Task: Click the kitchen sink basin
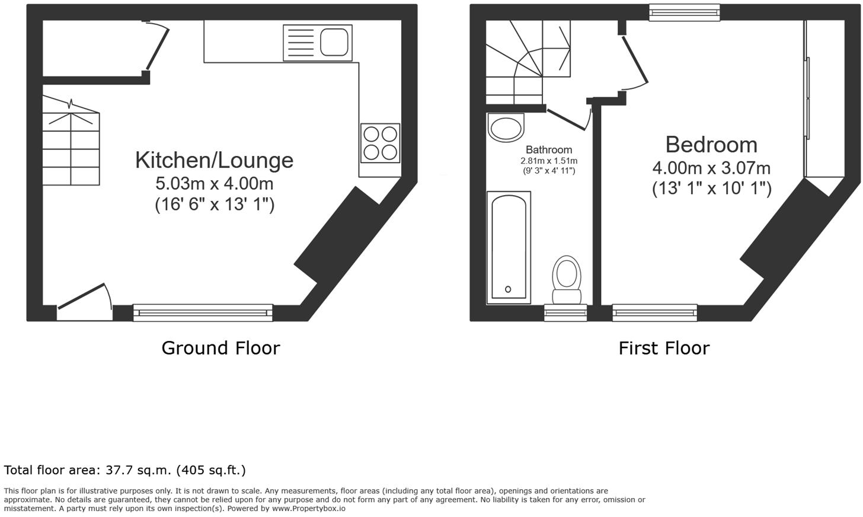pos(334,42)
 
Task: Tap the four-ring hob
pos(380,143)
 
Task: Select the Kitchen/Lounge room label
pos(214,160)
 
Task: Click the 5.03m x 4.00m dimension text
pos(214,184)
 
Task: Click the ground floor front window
pos(203,312)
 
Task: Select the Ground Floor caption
pos(220,348)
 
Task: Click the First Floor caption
pos(664,348)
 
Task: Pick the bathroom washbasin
pos(506,127)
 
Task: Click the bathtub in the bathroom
pos(509,247)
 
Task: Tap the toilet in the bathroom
pos(567,280)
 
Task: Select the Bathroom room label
pos(549,149)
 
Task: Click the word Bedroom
pos(712,145)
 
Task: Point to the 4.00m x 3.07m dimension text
pos(712,168)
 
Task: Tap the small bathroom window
pos(565,312)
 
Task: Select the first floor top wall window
pos(685,12)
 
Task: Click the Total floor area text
pos(125,470)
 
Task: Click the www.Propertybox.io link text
pos(309,509)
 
